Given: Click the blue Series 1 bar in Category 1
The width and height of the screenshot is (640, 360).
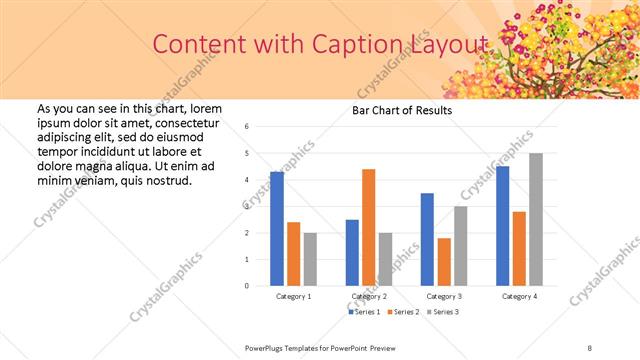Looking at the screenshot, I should click(x=277, y=229).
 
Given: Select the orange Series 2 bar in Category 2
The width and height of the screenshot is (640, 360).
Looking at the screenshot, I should click(x=368, y=227).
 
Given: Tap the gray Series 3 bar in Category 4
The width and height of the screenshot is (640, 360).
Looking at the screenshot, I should click(x=536, y=219).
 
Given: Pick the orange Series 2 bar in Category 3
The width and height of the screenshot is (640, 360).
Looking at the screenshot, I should click(x=444, y=262).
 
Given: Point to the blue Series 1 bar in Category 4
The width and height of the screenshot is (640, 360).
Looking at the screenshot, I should click(x=502, y=226).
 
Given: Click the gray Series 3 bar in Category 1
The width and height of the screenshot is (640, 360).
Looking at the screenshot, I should click(x=310, y=259).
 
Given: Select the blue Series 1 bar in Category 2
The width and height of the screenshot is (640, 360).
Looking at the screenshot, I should click(x=352, y=253).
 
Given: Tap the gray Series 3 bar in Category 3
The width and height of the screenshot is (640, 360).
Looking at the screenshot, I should click(x=460, y=246).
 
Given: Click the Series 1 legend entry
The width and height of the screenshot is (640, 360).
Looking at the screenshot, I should click(x=364, y=312).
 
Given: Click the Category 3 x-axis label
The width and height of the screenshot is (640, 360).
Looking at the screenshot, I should click(x=443, y=296).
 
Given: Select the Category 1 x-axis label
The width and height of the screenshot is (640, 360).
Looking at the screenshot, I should click(x=293, y=296).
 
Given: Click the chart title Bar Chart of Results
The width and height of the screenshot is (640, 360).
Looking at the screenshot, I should click(x=401, y=110).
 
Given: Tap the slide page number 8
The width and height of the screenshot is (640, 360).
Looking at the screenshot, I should click(x=590, y=347).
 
